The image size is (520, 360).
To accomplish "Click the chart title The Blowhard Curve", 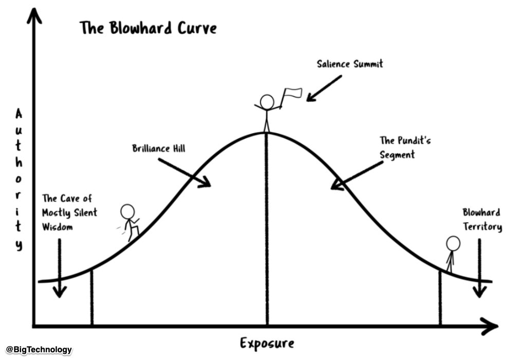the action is (x=148, y=28).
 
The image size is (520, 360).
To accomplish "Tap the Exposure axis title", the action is (x=267, y=343).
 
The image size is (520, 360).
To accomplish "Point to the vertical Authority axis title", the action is (x=18, y=179).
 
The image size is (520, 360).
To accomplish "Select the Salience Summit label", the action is (x=350, y=64).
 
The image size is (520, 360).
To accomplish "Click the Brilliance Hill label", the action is (x=159, y=148).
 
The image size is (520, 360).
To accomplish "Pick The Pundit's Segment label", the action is (x=405, y=147).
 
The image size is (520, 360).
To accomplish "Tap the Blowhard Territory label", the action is (x=482, y=219).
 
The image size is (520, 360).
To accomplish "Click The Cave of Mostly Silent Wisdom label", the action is (x=70, y=213).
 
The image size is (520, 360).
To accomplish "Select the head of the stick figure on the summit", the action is (x=267, y=102).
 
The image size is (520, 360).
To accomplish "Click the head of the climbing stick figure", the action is (x=127, y=212).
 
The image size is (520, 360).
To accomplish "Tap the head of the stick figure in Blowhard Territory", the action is (x=453, y=243).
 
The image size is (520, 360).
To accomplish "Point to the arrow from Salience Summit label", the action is (x=324, y=88).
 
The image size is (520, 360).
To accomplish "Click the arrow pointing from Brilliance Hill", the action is (x=184, y=173).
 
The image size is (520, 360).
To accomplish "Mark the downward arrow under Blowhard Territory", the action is (x=479, y=268).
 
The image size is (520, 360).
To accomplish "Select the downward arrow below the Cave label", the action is (x=60, y=268).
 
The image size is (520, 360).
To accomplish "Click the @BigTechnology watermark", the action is (x=39, y=349).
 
